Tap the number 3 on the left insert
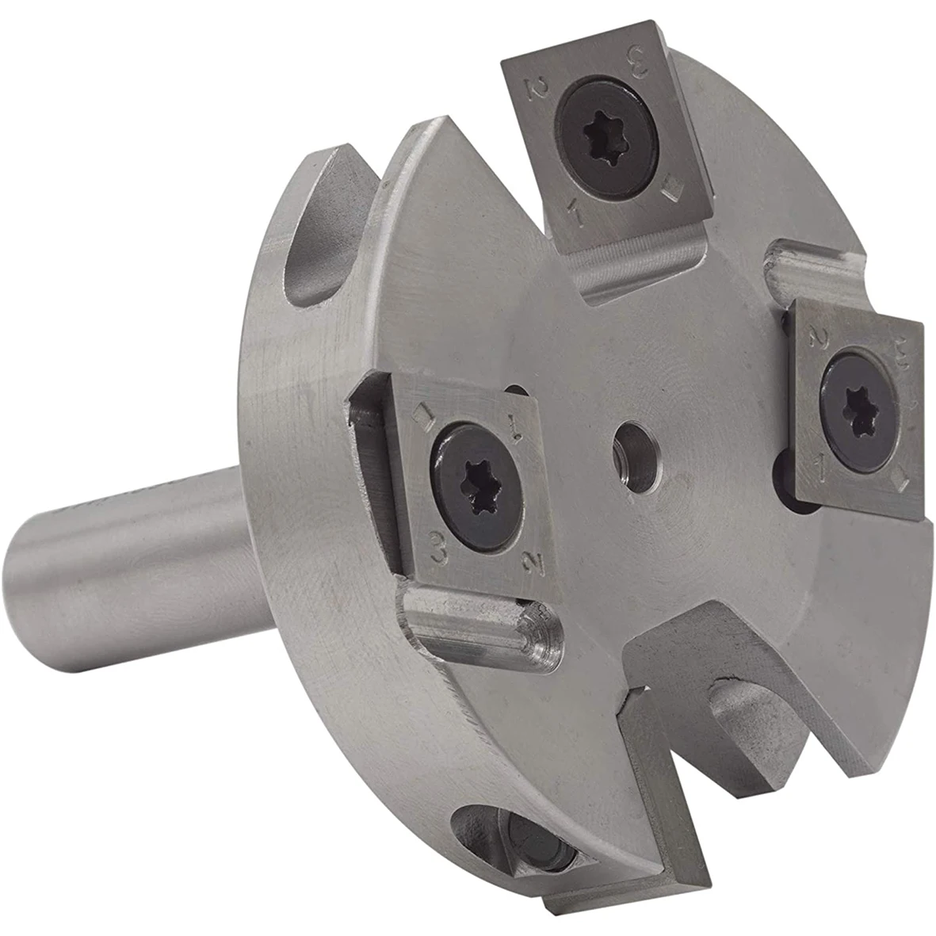point(436,544)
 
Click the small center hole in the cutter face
point(633,441)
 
